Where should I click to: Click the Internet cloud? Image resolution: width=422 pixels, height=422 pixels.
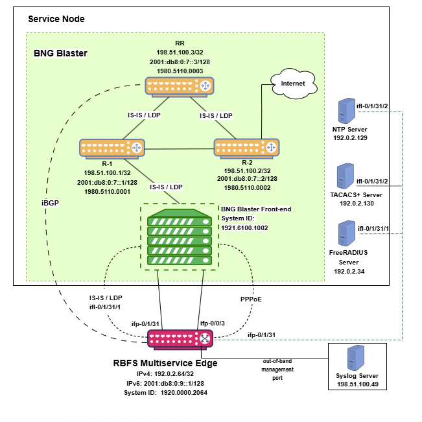pos(293,84)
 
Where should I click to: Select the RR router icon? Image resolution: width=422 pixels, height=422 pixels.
pos(179,86)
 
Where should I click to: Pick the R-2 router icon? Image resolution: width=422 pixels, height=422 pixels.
pos(246,148)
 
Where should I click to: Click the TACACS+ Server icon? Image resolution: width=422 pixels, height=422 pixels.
pos(345,176)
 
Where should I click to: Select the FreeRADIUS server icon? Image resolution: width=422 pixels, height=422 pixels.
pos(345,232)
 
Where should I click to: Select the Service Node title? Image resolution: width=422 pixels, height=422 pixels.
pos(56,19)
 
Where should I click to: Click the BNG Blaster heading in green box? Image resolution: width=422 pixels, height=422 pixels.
pos(60,53)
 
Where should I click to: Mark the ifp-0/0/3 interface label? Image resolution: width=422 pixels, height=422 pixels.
pos(214,322)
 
